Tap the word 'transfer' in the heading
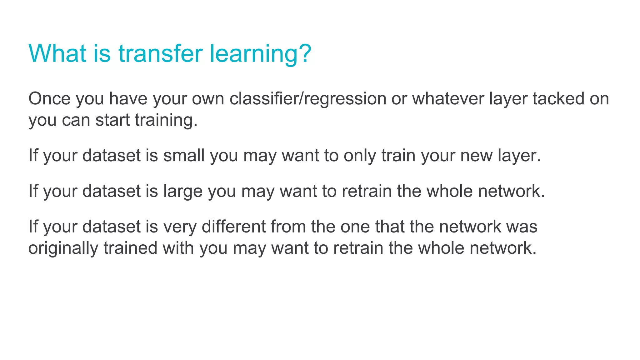160,53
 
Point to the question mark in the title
302,53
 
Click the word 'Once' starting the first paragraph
49,99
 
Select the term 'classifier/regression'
308,99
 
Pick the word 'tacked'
558,99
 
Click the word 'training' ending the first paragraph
164,120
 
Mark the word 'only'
360,155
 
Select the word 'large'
183,191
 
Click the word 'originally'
63,248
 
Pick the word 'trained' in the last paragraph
130,248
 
